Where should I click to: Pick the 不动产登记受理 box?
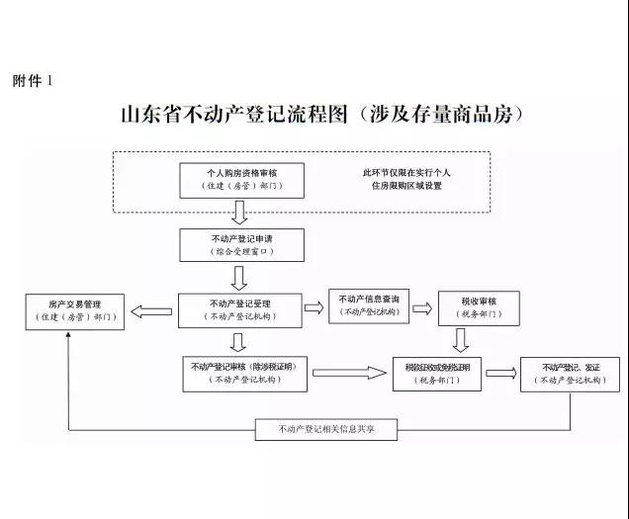pos(239,309)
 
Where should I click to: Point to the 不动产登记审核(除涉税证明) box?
pos(246,372)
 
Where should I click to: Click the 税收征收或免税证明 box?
pos(437,373)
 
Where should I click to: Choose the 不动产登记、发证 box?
pos(571,373)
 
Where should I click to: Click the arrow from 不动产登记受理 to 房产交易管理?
pos(151,310)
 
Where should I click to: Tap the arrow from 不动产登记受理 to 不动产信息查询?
pos(314,307)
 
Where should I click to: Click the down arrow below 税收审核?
pos(461,340)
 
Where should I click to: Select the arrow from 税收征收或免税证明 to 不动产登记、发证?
pos(500,373)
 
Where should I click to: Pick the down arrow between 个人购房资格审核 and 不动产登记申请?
pos(238,212)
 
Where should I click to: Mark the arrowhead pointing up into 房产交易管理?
pos(68,337)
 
